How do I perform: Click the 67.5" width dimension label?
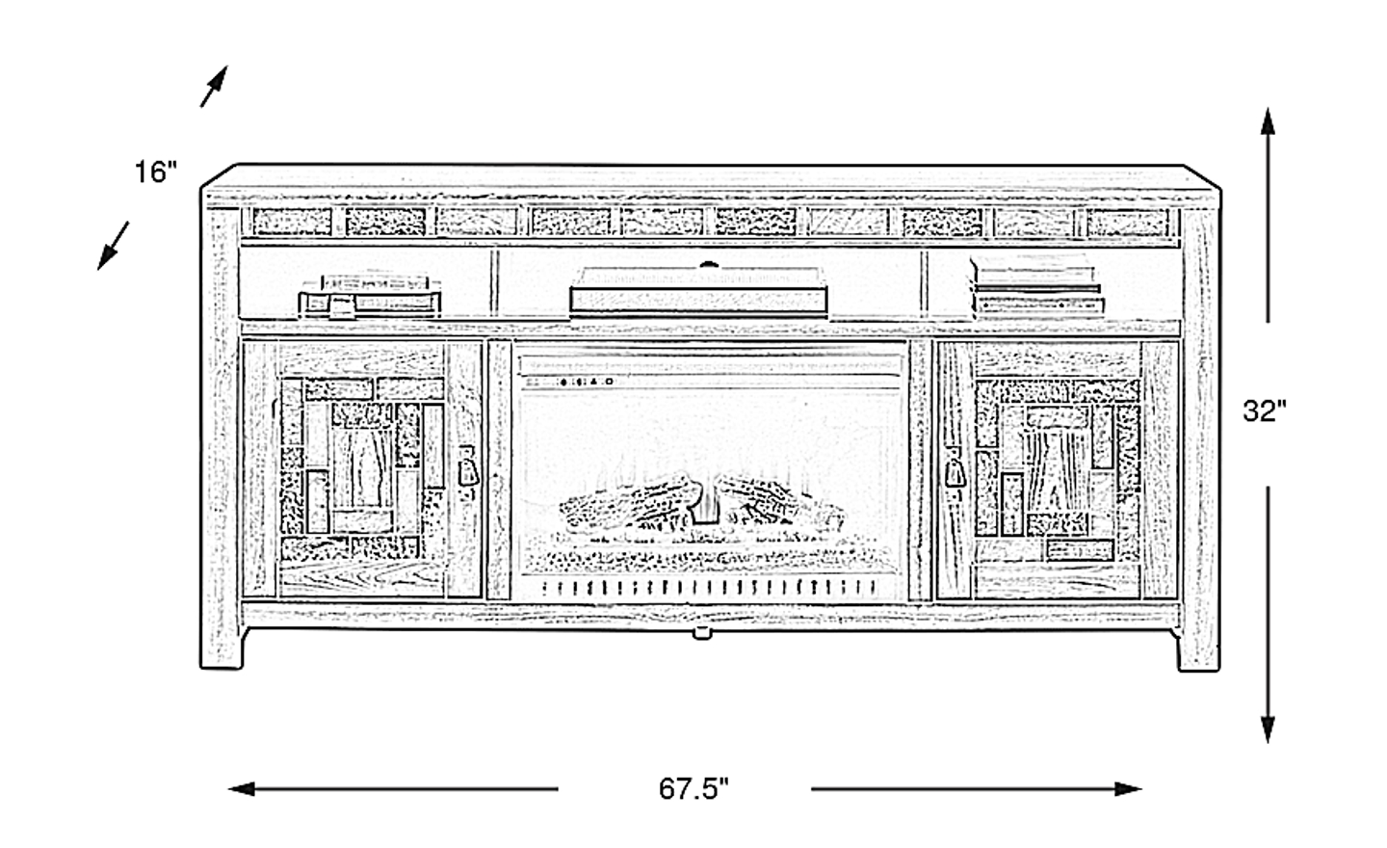693,789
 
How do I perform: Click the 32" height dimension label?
1265,411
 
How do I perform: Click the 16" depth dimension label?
156,172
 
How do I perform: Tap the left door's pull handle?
467,468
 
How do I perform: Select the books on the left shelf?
370,295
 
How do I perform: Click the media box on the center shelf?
698,291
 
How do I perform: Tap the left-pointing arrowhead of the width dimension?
242,789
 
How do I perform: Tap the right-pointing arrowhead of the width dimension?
1128,789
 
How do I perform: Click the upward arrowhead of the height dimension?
1268,121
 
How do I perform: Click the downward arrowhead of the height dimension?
1268,729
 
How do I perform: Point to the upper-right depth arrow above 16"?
214,86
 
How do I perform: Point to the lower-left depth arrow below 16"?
113,246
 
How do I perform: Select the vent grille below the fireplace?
710,587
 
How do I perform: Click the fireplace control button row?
586,383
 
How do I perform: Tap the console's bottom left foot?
222,649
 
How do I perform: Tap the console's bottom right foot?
1198,650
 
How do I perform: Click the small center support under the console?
701,632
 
